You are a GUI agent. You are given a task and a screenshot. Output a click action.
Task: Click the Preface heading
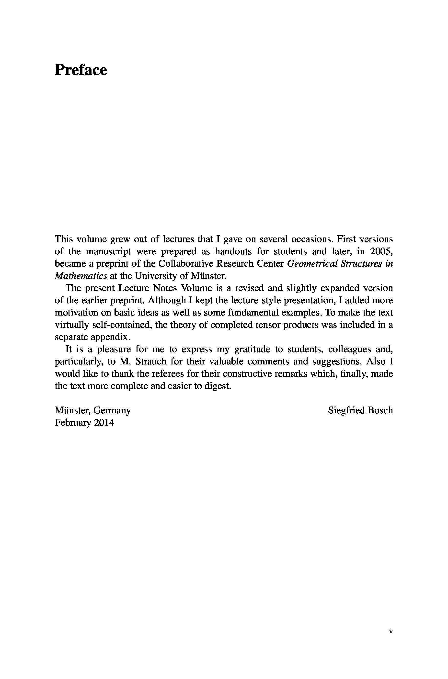pyautogui.click(x=81, y=70)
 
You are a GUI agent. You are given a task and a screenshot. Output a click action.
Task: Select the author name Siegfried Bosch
pyautogui.click(x=360, y=411)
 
